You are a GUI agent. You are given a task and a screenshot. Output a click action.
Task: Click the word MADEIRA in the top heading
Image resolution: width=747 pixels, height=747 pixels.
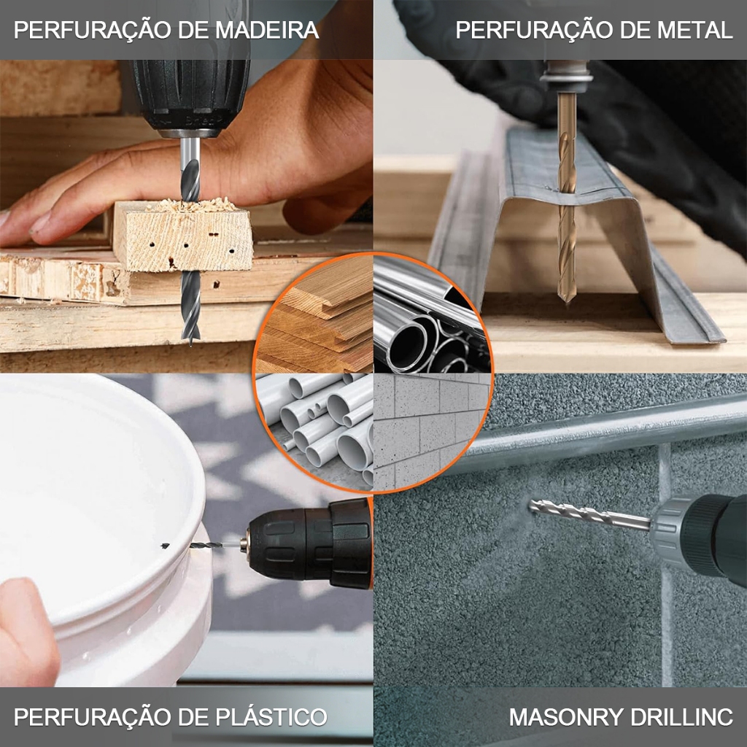267,30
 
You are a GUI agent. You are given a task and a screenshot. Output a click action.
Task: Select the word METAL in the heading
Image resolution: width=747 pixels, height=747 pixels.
694,30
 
